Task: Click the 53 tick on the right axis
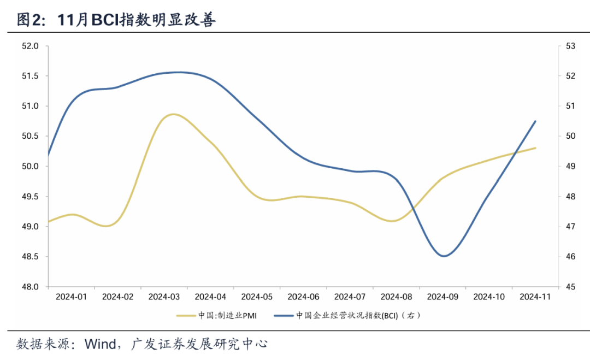click(x=570, y=46)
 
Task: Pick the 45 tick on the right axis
click(x=570, y=287)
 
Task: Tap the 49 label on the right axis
click(x=570, y=166)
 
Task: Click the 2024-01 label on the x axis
click(x=72, y=297)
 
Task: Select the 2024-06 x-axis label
click(x=303, y=297)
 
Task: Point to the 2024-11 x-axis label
click(x=535, y=297)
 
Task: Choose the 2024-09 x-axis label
click(x=442, y=297)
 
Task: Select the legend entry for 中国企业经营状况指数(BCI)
click(x=350, y=315)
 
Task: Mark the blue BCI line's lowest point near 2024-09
click(x=443, y=256)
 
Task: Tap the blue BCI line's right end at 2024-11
click(x=535, y=121)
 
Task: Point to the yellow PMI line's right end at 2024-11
click(x=535, y=147)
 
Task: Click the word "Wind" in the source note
click(x=100, y=344)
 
